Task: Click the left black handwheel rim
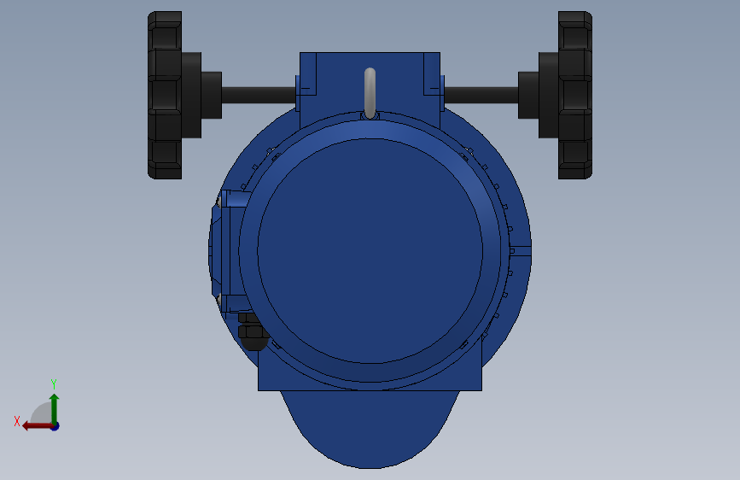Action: point(165,95)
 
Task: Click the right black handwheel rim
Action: point(575,95)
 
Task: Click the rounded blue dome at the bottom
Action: point(370,431)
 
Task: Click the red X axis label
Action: point(17,421)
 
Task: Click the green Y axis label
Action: point(53,383)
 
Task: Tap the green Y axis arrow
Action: point(54,406)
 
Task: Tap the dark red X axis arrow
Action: point(36,425)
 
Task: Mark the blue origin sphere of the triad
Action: point(54,425)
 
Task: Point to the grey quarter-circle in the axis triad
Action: point(43,414)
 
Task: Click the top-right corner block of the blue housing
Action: point(432,73)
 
